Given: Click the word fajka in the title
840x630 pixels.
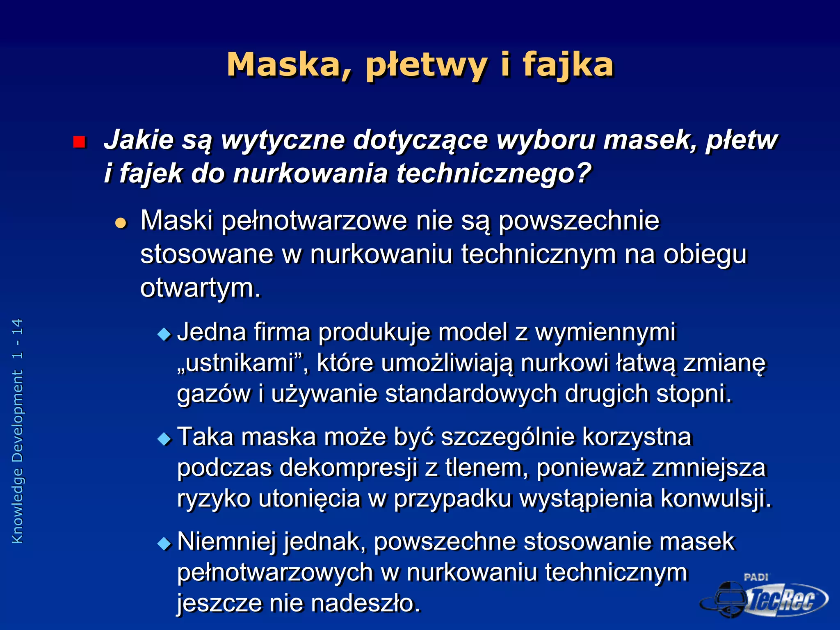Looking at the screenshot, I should click(x=568, y=65).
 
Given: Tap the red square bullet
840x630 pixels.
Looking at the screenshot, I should click(x=79, y=142).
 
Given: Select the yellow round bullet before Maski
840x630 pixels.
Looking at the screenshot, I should click(x=121, y=223).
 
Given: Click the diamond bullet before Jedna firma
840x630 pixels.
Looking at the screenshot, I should click(x=164, y=334).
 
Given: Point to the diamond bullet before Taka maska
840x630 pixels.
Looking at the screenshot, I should click(x=164, y=439).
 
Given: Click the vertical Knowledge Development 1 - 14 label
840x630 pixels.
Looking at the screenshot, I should click(x=17, y=431).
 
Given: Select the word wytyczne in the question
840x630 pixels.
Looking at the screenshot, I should click(x=283, y=140).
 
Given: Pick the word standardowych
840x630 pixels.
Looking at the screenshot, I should click(x=471, y=394).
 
